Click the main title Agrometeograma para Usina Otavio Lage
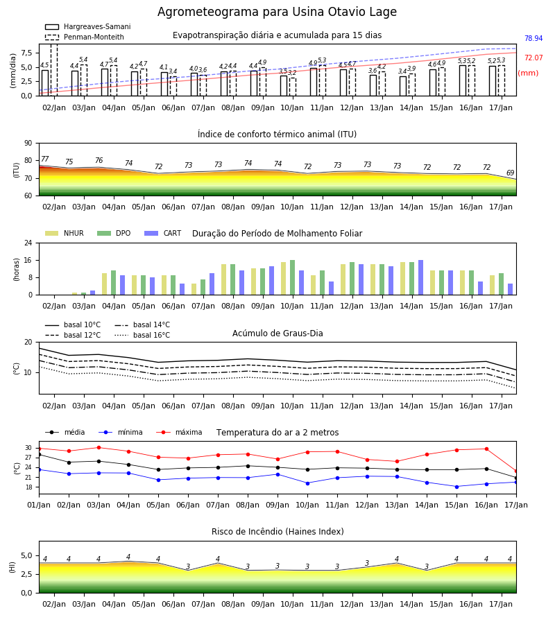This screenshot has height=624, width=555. pos(277,12)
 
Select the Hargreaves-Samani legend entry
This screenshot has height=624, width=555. pos(88,26)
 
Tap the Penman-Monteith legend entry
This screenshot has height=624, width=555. pos(85,37)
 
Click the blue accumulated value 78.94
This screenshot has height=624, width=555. pos(533,38)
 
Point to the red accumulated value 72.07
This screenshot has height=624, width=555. pos(533,58)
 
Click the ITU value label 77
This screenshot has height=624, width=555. pos(45,159)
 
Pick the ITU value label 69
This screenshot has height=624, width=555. pos(510,173)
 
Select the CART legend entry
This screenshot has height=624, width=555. pos(163,233)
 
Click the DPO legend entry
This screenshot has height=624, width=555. pos(114,233)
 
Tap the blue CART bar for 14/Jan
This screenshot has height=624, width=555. pos(421,277)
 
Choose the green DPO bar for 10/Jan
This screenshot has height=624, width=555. pos(293,277)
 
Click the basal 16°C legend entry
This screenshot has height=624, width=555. pos(142,335)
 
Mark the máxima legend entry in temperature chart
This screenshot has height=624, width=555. pos(179,432)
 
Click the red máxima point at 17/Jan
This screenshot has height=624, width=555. pos(516,471)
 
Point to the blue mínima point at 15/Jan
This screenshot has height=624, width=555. pos(456,487)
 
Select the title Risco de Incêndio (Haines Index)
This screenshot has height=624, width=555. pos(277,532)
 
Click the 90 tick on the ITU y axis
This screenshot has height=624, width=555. pos(28,144)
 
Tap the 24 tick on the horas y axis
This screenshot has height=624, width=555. pos(28,243)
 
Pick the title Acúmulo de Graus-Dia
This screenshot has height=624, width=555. pos(277,333)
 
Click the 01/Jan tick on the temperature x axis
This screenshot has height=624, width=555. pos(39,505)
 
